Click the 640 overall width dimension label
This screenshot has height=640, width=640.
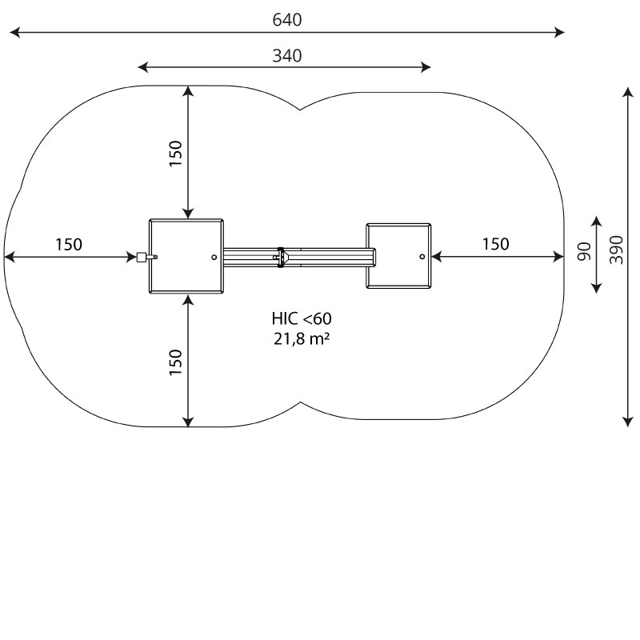[287, 19]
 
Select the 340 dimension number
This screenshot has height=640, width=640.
[287, 55]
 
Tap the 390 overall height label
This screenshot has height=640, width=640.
[616, 250]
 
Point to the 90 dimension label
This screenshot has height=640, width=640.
[585, 251]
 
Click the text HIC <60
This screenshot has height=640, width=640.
[302, 318]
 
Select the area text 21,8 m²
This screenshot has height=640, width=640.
[302, 338]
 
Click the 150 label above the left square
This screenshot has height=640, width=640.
[175, 153]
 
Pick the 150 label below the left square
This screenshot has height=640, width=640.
[175, 362]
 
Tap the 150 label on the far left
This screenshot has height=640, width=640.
[69, 244]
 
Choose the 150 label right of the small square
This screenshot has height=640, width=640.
[495, 244]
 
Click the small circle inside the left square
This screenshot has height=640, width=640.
[214, 257]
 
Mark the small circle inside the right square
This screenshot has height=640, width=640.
[422, 257]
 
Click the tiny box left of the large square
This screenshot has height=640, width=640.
[142, 257]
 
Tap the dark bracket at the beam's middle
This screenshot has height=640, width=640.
[280, 257]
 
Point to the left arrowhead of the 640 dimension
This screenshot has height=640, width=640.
[14, 32]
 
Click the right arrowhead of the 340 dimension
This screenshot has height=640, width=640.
[426, 67]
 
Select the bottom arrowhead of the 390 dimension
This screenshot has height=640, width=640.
[627, 422]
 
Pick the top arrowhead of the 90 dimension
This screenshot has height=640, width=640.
[596, 222]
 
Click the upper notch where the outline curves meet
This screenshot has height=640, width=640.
[301, 110]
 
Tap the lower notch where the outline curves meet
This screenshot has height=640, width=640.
[302, 402]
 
